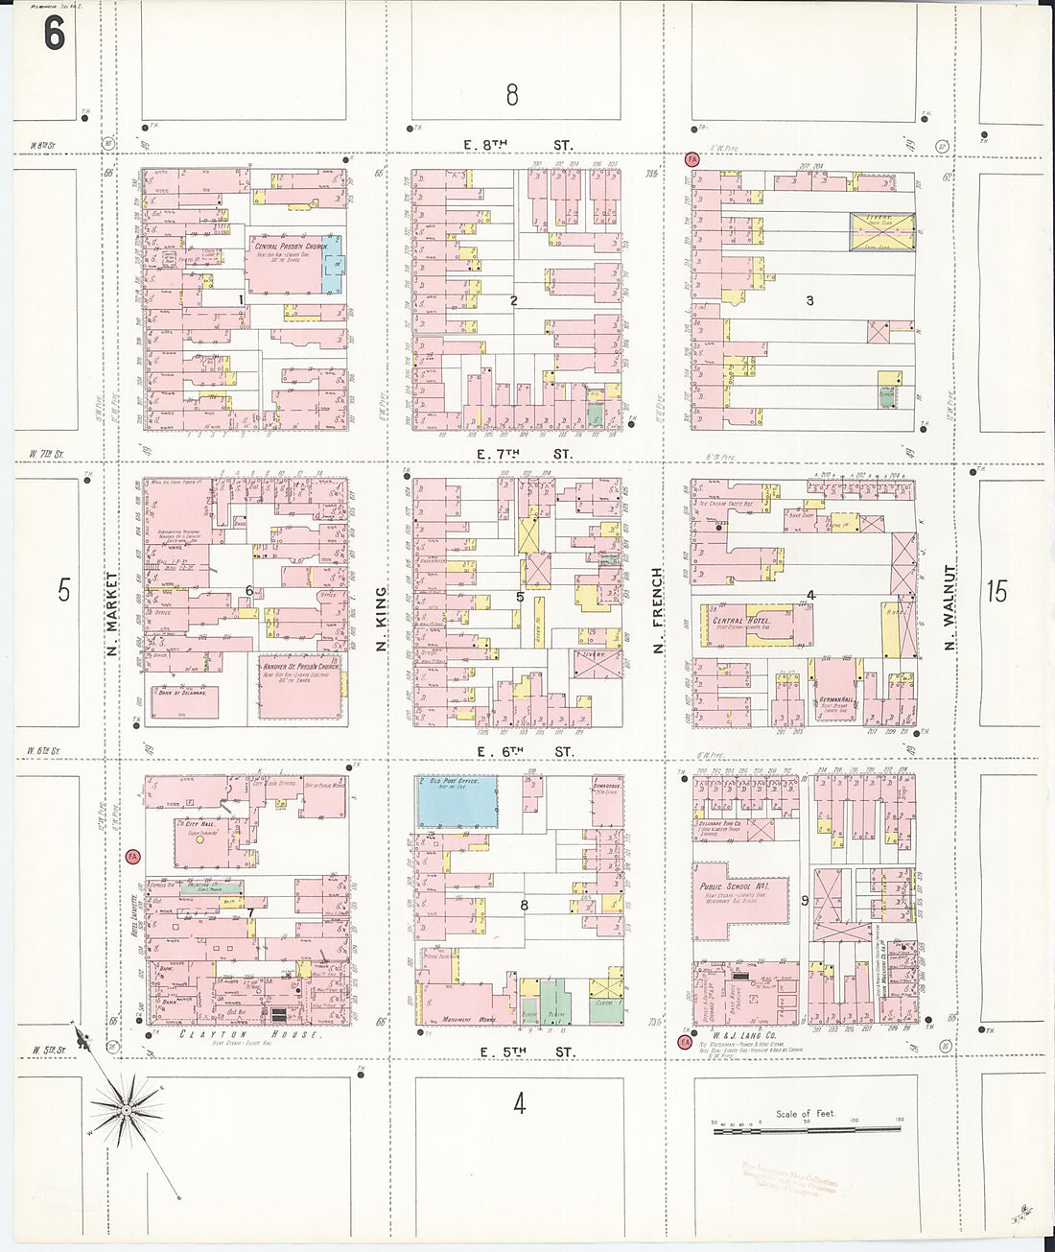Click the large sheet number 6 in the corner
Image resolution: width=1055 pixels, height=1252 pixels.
coord(54,33)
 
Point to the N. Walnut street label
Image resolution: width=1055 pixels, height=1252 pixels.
coord(949,608)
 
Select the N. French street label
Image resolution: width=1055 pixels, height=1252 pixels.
coord(658,611)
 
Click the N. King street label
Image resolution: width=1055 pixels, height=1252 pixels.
coord(381,619)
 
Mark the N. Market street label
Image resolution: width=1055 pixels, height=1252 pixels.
coord(112,614)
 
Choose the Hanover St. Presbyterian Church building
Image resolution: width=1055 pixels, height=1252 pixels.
coord(299,685)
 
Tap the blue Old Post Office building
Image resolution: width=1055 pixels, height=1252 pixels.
coord(457,802)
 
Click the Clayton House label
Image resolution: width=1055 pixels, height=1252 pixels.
coord(249,1034)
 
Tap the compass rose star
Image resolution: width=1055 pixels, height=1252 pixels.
coord(126,1110)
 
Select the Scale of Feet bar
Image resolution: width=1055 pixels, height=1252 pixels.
coord(807,1130)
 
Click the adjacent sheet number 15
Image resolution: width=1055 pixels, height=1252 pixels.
coord(996,591)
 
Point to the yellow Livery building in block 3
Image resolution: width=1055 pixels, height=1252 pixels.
coord(880,232)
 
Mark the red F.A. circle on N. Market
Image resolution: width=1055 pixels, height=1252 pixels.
coord(133,856)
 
